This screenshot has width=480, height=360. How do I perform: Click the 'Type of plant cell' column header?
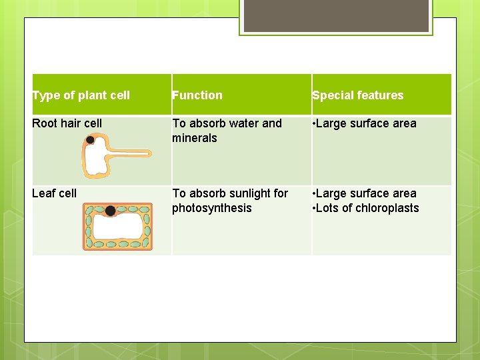coord(81,95)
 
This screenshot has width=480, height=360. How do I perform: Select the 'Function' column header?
coord(197,95)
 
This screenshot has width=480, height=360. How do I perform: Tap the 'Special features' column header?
coord(358,95)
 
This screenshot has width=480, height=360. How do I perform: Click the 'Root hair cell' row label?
coord(67,123)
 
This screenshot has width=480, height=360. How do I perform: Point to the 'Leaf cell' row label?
coord(54,193)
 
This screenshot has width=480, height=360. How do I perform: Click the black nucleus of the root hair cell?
coord(89,140)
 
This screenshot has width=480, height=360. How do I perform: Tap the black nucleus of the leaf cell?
coord(110,211)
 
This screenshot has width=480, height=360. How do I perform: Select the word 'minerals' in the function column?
coord(195,138)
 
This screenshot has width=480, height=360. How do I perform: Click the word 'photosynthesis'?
coord(212,208)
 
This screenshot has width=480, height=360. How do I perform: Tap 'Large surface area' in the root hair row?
coord(367,123)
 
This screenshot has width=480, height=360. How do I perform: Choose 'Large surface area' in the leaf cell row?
coord(367,193)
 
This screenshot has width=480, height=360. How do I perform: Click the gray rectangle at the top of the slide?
coord(336,15)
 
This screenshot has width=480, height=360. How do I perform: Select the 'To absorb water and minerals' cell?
coord(227,131)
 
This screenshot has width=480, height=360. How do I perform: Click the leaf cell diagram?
coord(117,227)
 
